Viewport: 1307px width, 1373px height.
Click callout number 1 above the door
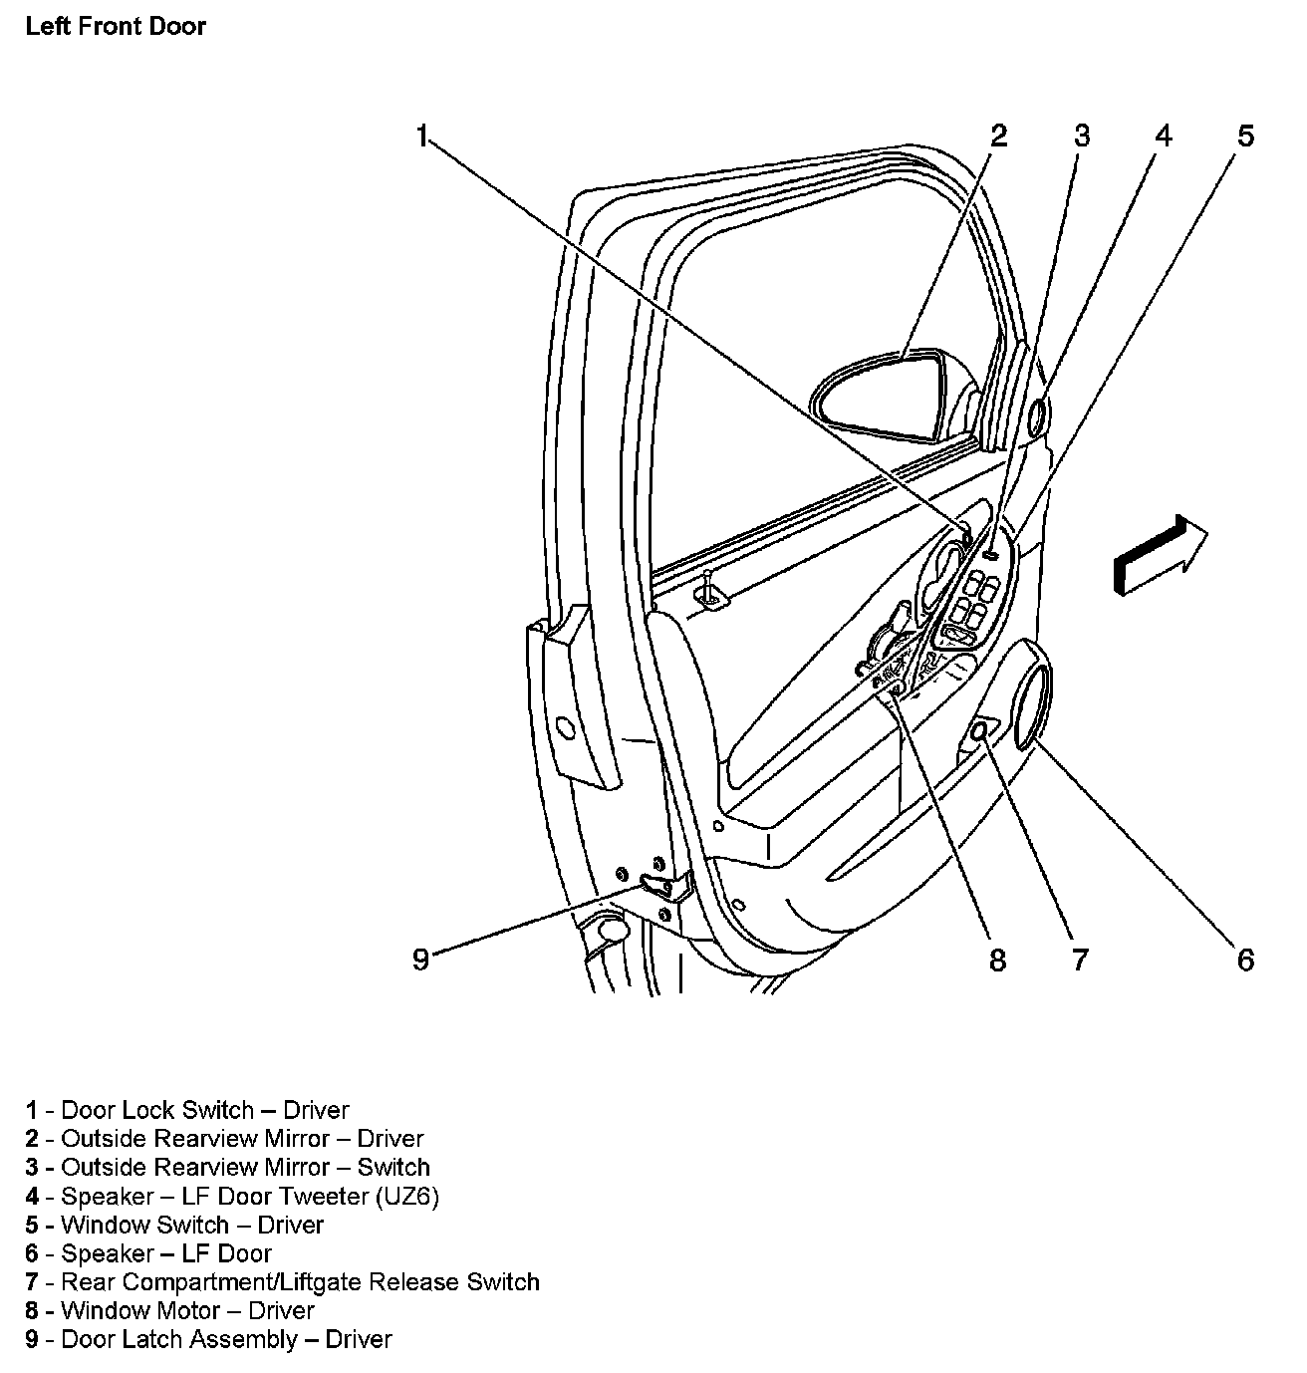tap(422, 137)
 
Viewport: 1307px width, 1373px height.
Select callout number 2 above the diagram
tap(998, 137)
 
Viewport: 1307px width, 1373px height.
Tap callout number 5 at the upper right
tap(1246, 137)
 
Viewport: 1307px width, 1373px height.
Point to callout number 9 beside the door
tap(421, 960)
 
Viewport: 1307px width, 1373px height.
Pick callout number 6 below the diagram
tap(1246, 960)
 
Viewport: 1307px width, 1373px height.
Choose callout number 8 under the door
tap(998, 960)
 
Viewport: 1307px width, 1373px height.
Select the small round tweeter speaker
tap(1036, 416)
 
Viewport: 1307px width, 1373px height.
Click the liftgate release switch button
tap(978, 732)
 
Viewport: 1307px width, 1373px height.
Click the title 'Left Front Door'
tap(116, 26)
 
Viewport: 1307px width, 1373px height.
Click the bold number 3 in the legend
tap(32, 1168)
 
